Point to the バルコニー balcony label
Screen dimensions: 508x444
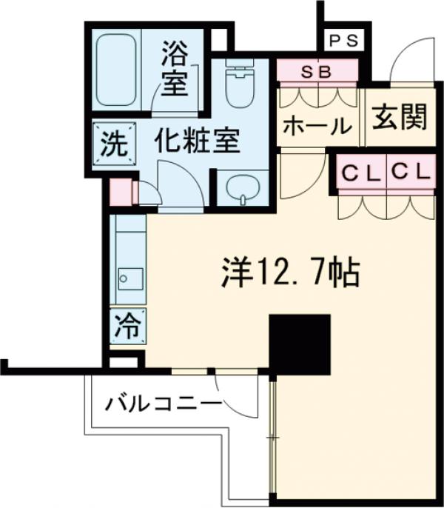tap(162, 405)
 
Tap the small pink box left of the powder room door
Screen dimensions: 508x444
tap(121, 193)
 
